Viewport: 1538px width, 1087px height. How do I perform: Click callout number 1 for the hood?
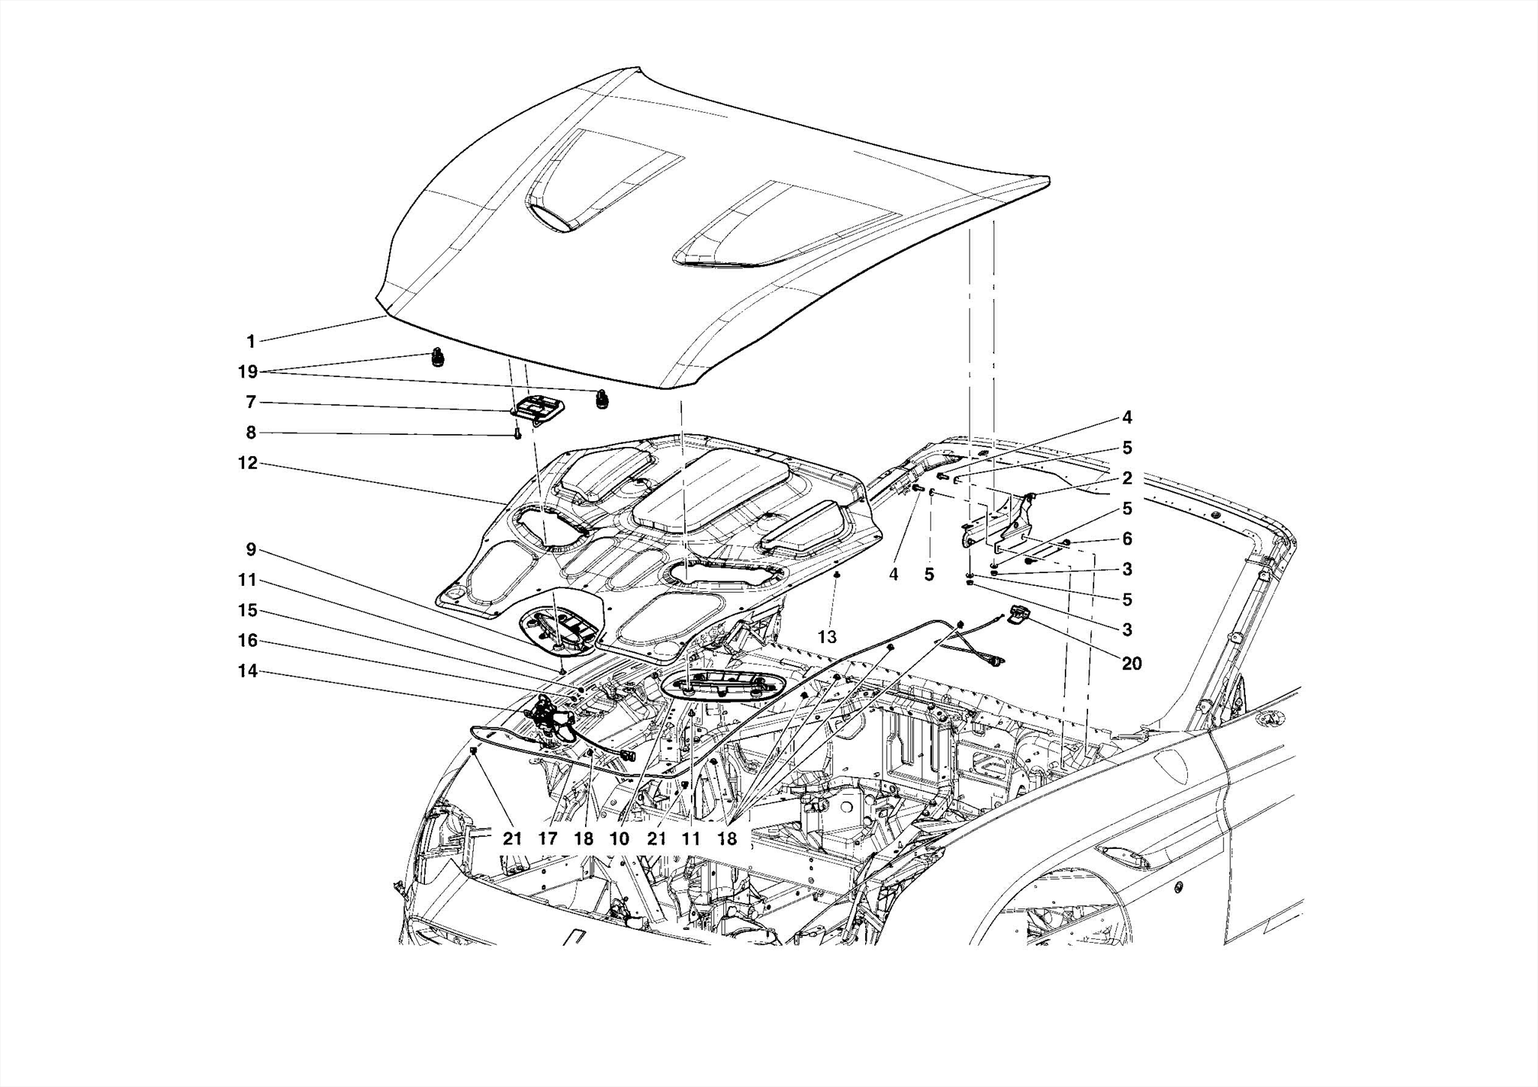coord(251,342)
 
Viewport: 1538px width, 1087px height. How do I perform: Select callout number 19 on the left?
coord(248,372)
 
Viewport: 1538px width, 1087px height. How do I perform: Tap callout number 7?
coord(251,403)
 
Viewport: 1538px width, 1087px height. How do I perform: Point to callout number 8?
coord(251,433)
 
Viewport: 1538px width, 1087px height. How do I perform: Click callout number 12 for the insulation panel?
coord(248,463)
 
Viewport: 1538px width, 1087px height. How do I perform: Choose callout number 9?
coord(251,550)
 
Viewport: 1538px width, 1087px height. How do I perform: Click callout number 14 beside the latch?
coord(248,671)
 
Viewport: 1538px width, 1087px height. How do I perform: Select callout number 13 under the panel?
coord(827,637)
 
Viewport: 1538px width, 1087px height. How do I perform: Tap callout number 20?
coord(1131,663)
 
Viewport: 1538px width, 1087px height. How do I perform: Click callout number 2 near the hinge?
coord(1127,479)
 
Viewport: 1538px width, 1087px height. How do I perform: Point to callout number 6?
coord(1127,539)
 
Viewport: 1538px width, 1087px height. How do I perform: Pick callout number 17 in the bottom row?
coord(548,838)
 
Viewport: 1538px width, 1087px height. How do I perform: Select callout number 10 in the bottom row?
coord(620,838)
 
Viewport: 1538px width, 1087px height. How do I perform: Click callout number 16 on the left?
coord(248,641)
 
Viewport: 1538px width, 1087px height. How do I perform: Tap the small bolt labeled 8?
coord(517,433)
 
